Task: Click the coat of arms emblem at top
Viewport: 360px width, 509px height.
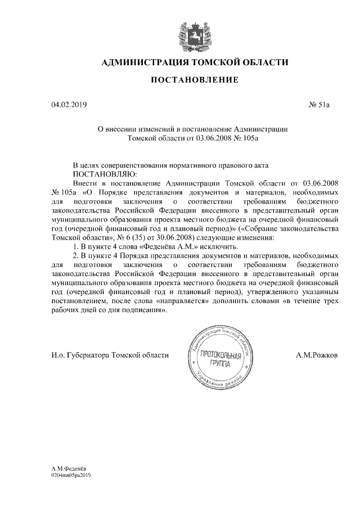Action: point(195,33)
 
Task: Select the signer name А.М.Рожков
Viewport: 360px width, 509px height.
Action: point(316,355)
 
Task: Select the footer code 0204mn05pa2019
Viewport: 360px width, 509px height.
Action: point(71,475)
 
